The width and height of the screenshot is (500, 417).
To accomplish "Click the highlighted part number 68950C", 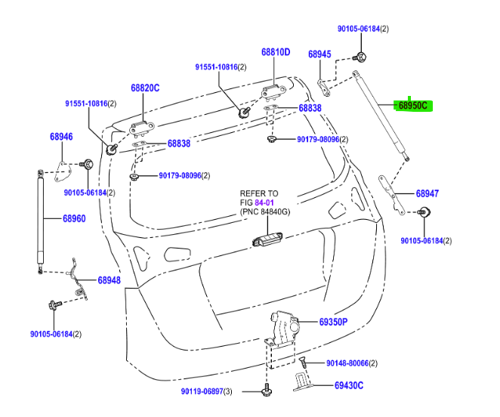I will tap(412, 106).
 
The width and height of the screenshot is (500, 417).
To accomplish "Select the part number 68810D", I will tap(276, 53).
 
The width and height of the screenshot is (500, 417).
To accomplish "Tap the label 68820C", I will tap(145, 88).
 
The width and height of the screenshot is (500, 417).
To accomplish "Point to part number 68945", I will tap(319, 54).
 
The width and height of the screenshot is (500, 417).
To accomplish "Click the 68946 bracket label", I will tap(61, 137).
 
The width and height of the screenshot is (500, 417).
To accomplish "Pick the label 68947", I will tap(427, 193).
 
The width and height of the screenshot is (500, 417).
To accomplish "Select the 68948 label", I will tap(109, 280).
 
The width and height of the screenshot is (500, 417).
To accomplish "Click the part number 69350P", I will tap(332, 322).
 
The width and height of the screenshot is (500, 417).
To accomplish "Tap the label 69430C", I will tap(349, 385).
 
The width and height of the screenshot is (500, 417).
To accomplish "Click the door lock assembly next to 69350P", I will tap(285, 326).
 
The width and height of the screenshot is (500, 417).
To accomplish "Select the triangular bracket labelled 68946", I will tap(64, 171).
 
